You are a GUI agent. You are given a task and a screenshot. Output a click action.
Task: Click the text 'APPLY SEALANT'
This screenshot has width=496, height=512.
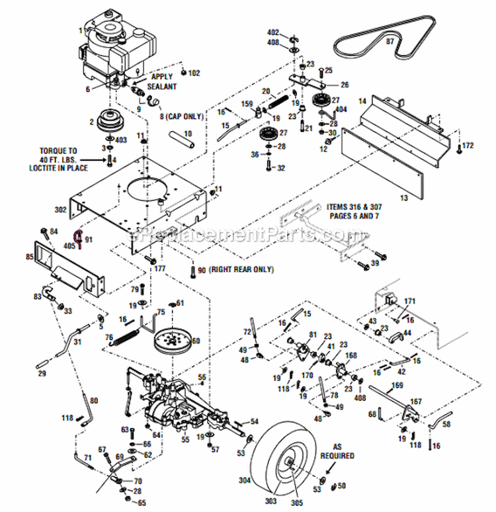pyautogui.click(x=162, y=81)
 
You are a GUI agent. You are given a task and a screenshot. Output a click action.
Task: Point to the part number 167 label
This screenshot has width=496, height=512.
pyautogui.click(x=416, y=401)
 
